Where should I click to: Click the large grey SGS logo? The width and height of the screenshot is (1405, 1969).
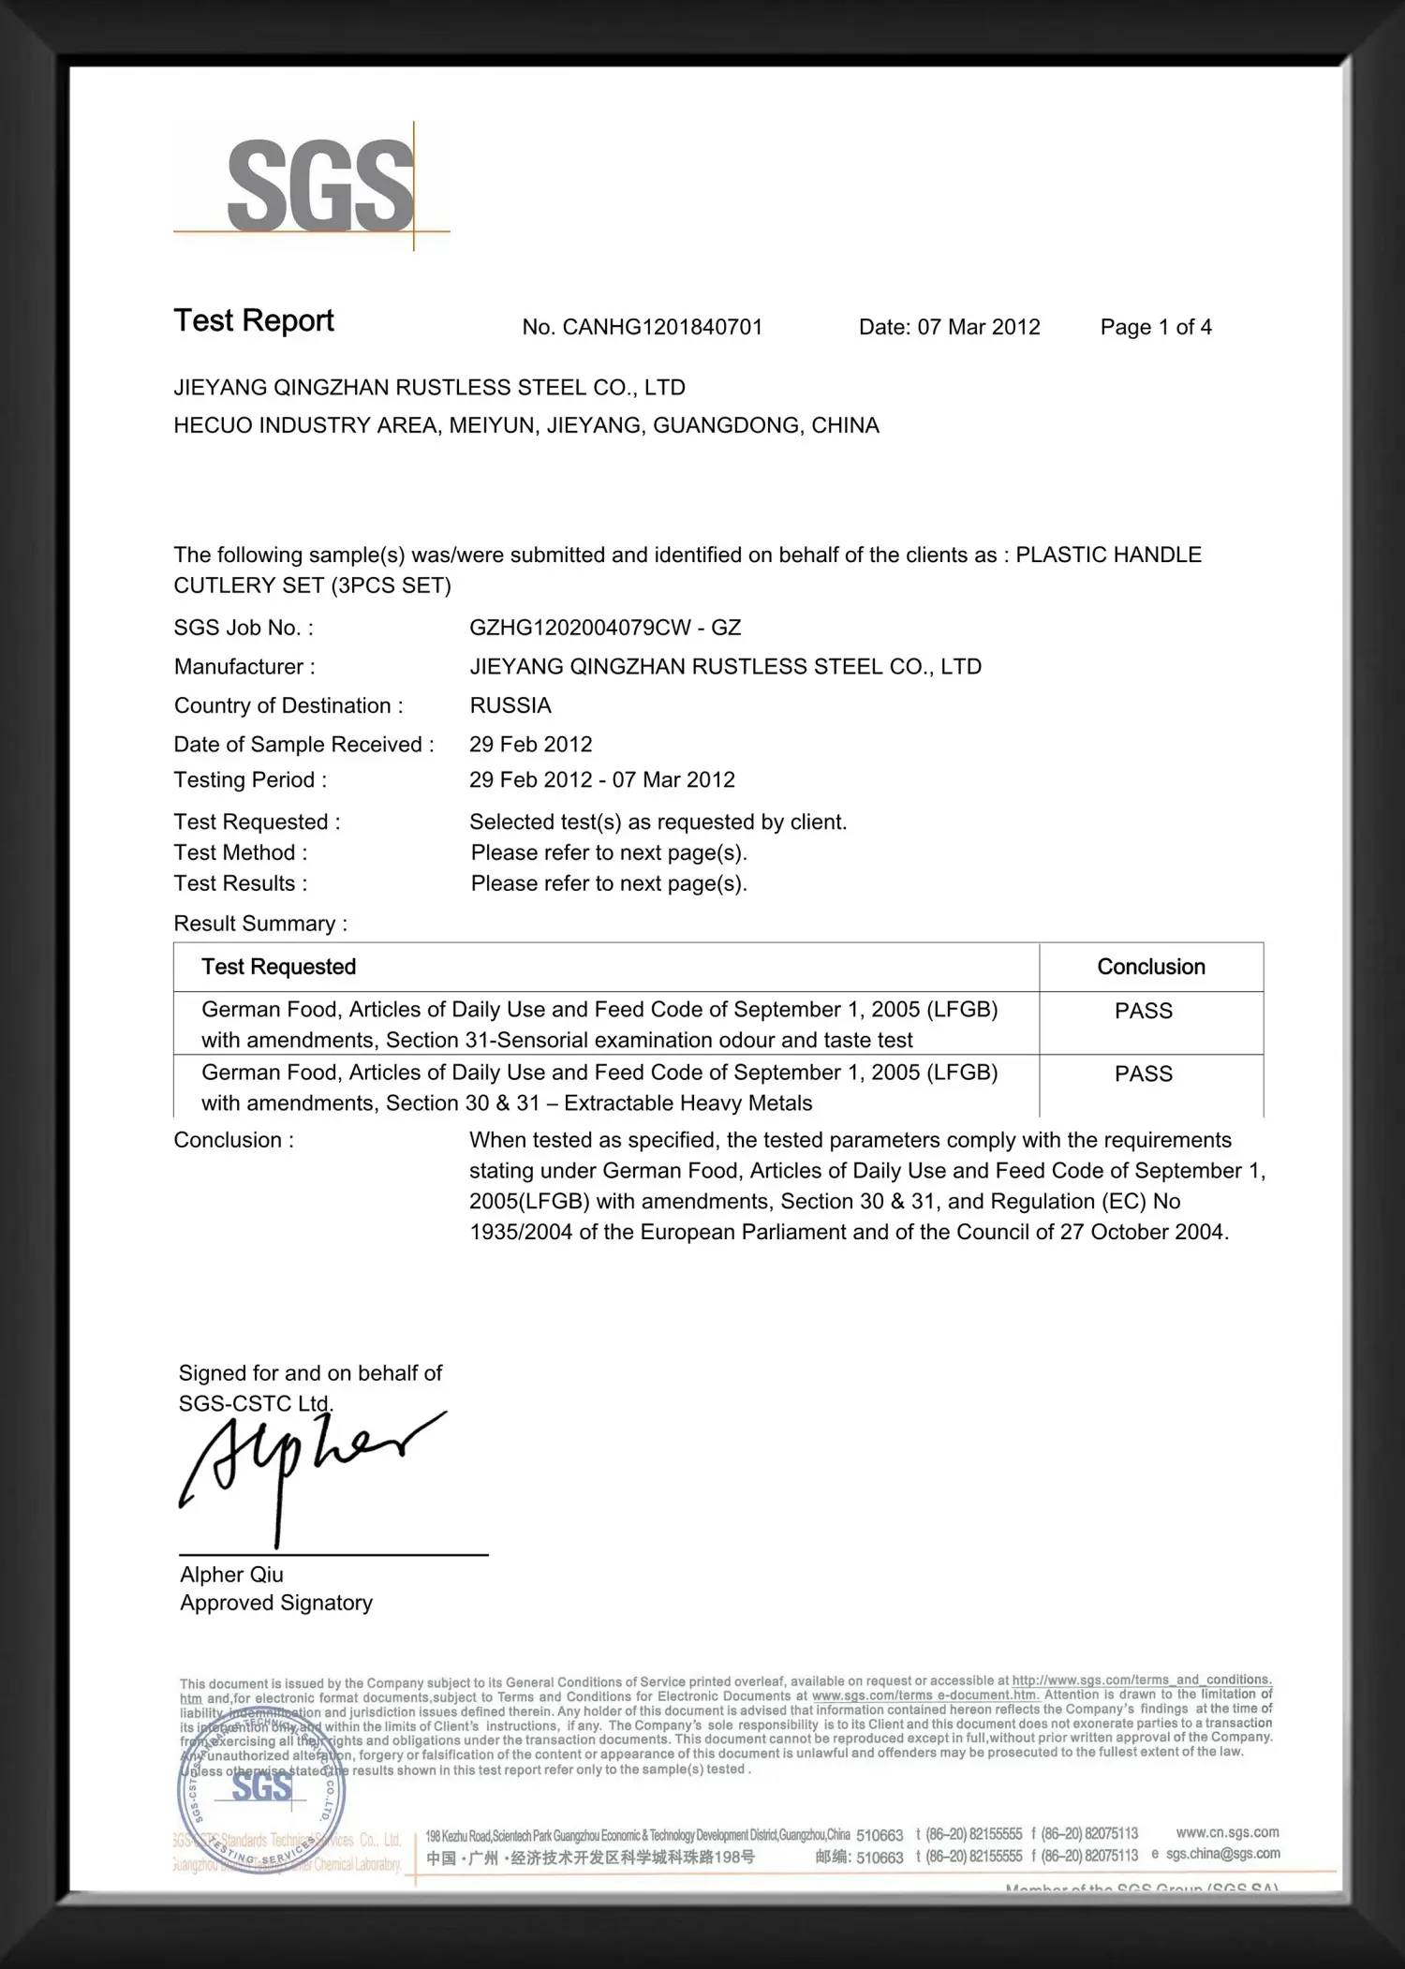point(319,186)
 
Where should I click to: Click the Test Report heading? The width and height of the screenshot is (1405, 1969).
point(254,321)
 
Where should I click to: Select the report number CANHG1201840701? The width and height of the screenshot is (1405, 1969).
point(662,327)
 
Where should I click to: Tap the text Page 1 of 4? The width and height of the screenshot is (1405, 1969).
point(1155,327)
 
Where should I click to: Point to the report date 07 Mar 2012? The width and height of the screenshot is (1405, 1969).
point(978,327)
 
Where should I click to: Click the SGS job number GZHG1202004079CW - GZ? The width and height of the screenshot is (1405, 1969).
point(605,628)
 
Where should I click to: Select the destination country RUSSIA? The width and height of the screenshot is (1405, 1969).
point(510,705)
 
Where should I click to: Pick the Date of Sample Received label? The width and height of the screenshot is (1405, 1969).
point(303,745)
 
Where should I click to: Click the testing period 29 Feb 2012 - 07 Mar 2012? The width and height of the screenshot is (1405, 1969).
point(601,780)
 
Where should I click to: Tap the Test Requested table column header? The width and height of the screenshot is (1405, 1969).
point(279,967)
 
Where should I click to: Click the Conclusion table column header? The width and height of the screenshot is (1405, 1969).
point(1150,967)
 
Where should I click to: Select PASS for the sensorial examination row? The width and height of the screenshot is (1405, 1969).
point(1143,1011)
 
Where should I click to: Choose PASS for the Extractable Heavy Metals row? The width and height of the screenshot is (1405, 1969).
point(1143,1073)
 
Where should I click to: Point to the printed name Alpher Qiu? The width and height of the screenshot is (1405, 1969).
point(231,1575)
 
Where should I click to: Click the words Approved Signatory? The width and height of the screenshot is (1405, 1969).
point(276,1603)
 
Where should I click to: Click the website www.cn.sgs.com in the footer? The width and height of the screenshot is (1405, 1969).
point(1227,1832)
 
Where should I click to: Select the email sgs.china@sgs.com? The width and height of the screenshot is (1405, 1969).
point(1222,1854)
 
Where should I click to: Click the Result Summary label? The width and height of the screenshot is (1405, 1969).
point(260,924)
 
